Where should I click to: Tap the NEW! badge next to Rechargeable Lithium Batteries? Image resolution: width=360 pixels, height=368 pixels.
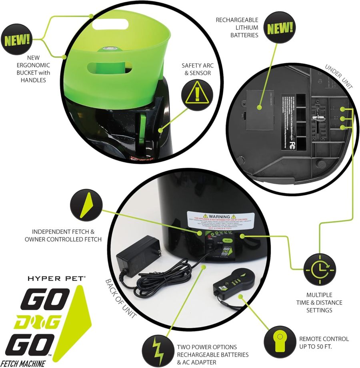(x=280, y=28)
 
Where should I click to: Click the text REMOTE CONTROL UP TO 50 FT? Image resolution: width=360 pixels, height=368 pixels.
(x=324, y=342)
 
